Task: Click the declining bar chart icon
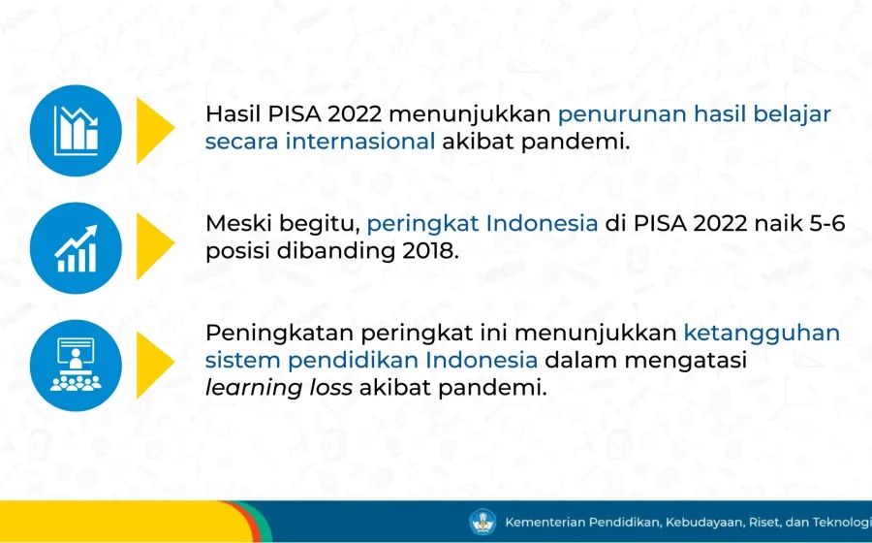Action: pos(76,131)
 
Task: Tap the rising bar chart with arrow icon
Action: pos(76,248)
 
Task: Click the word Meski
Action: pos(235,224)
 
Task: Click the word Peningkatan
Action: pos(279,334)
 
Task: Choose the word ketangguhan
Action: pos(762,334)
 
